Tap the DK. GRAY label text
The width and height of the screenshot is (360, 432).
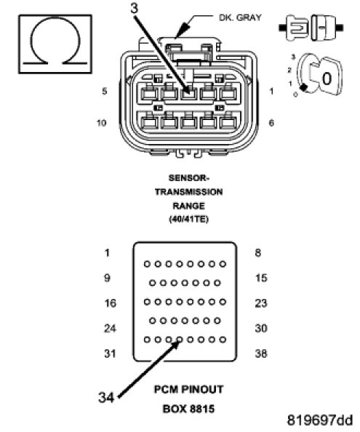pos(240,17)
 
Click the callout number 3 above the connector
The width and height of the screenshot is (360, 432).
pos(134,8)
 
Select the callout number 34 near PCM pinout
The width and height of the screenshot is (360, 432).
pos(106,397)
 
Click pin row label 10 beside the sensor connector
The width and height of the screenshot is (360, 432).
pos(101,123)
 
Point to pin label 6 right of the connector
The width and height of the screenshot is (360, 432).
pos(271,123)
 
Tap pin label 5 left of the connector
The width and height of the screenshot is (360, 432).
pos(105,91)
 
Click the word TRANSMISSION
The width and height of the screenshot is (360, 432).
pos(188,192)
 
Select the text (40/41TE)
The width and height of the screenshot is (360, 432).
pos(188,220)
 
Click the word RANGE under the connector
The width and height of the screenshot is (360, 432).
pos(188,206)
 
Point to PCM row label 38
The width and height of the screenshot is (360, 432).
pos(261,353)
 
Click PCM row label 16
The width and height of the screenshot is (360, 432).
pos(110,303)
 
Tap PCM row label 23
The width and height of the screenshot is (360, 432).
pos(261,303)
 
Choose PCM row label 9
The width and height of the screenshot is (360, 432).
pos(107,278)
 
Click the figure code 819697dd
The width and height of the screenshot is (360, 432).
pos(320,420)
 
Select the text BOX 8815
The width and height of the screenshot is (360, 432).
pos(188,409)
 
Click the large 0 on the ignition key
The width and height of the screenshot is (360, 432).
pos(327,79)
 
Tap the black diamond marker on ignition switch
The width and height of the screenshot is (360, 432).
pos(303,87)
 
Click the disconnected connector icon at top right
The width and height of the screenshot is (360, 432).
pos(311,28)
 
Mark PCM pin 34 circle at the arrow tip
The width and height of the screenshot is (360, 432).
pos(180,340)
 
